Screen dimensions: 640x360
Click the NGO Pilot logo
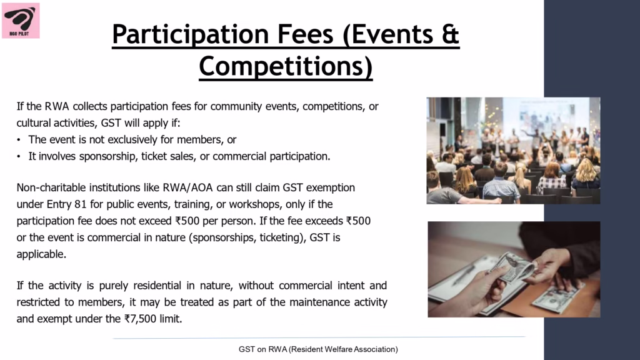[21, 21]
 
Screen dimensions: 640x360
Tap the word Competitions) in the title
[286, 66]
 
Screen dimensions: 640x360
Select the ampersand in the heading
[450, 34]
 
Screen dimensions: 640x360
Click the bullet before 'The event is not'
[19, 140]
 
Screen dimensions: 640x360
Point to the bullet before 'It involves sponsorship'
[19, 157]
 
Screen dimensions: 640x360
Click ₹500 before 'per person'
[187, 221]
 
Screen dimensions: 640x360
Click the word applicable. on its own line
[41, 254]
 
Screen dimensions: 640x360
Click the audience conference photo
[514, 151]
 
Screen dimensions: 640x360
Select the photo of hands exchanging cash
[514, 269]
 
